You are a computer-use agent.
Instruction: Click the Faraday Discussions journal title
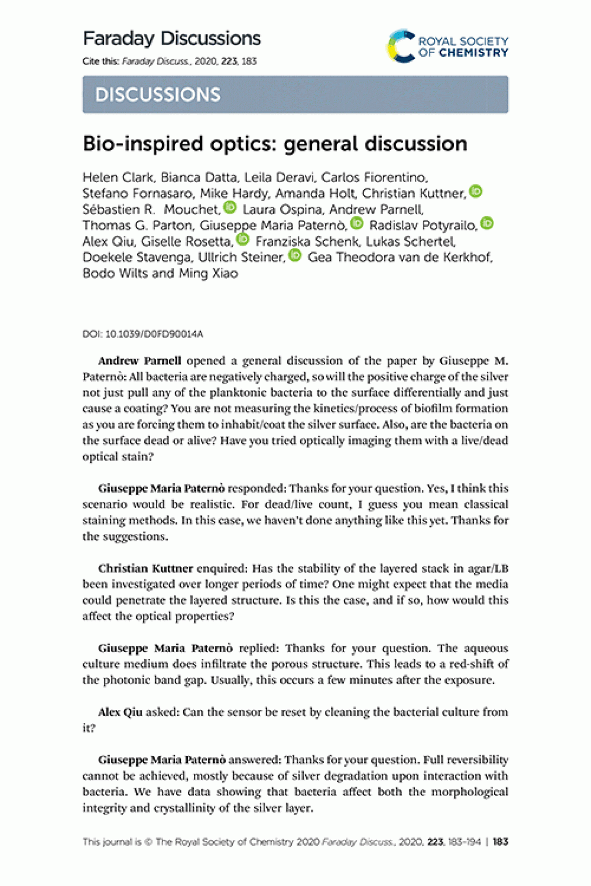pyautogui.click(x=172, y=39)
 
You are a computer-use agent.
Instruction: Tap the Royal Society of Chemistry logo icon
pyautogui.click(x=400, y=46)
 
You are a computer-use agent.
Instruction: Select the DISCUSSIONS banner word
pyautogui.click(x=158, y=95)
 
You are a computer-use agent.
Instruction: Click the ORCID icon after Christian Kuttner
pyautogui.click(x=476, y=191)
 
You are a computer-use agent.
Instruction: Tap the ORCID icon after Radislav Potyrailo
pyautogui.click(x=487, y=223)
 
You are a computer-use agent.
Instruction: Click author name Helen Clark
pyautogui.click(x=118, y=178)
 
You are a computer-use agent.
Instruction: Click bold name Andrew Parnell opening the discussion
pyautogui.click(x=140, y=361)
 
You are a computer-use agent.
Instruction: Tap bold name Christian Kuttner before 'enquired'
pyautogui.click(x=146, y=568)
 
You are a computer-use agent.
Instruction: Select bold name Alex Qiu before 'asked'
pyautogui.click(x=120, y=712)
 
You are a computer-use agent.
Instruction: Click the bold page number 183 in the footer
pyautogui.click(x=500, y=842)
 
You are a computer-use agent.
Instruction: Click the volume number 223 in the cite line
pyautogui.click(x=229, y=61)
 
